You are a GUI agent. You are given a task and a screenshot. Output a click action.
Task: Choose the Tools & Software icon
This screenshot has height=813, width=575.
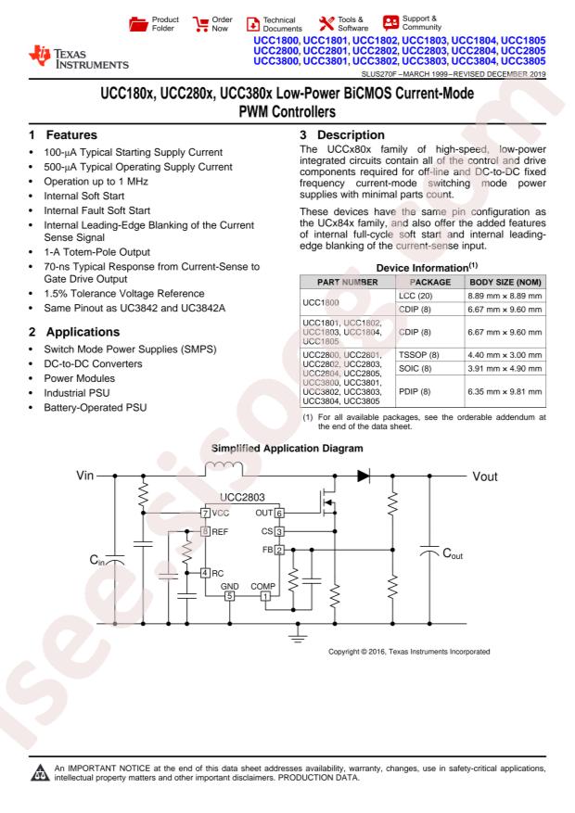click(x=327, y=20)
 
